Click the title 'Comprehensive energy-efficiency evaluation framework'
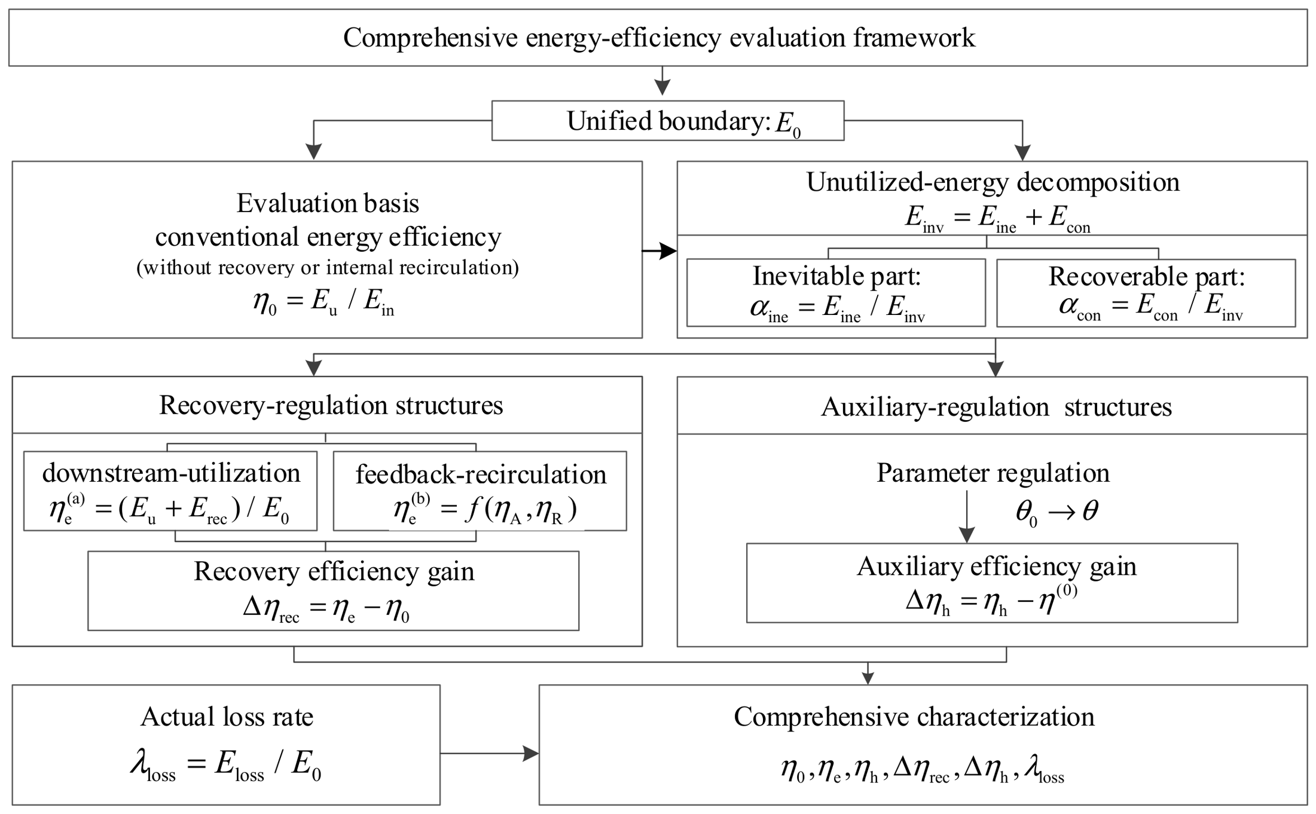coord(658,38)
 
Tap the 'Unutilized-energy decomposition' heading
coord(993,182)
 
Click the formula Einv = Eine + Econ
coord(997,218)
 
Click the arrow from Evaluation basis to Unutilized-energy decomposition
coord(659,251)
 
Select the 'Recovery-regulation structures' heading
coord(331,405)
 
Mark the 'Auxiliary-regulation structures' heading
coord(996,407)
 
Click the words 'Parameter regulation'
coord(993,473)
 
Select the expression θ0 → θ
coord(1057,512)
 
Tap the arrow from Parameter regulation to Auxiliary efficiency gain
coord(967,516)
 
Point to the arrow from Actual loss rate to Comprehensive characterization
coord(490,754)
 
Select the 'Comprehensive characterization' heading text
coord(914,717)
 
